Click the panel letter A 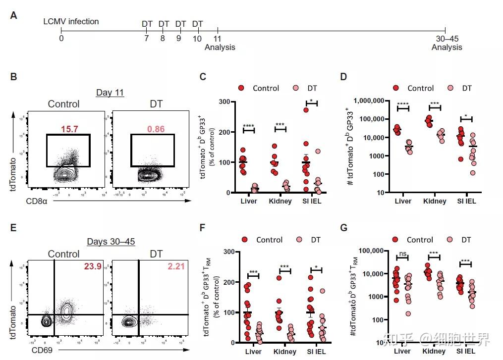coord(13,16)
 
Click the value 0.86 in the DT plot coord(152,129)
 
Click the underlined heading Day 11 coord(110,92)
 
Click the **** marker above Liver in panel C coord(248,125)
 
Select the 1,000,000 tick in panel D coord(367,101)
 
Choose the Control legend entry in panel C coord(266,88)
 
